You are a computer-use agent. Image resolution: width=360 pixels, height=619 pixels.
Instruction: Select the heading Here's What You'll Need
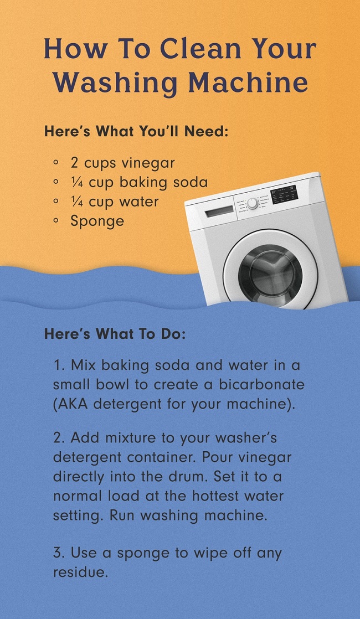pos(136,131)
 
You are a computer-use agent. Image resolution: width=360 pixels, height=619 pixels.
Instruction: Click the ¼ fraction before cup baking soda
pos(77,182)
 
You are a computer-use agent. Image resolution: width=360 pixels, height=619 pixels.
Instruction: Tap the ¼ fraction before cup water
pos(77,202)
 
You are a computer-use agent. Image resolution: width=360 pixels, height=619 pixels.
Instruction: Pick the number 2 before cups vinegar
pos(74,163)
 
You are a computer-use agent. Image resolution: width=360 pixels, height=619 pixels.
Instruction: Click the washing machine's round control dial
pos(252,203)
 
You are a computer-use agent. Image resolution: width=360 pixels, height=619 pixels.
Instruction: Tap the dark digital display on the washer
pos(284,193)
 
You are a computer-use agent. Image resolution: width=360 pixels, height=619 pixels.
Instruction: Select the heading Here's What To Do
pos(115,334)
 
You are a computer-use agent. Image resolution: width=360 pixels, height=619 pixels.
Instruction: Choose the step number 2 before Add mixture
pos(58,438)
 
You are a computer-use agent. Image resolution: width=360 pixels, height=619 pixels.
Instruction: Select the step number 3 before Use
pos(58,553)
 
